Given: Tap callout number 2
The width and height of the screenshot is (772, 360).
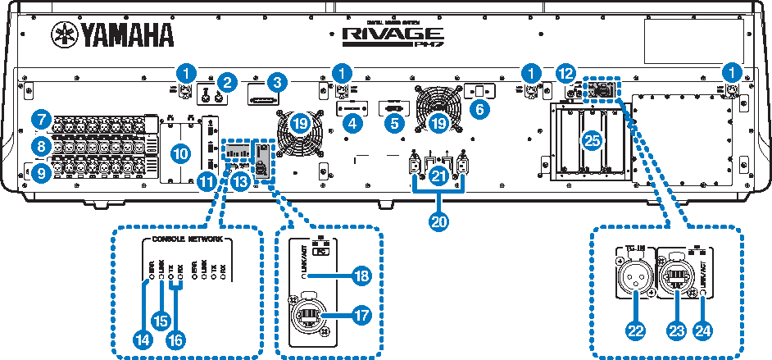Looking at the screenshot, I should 229,82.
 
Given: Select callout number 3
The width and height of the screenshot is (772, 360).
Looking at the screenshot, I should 280,82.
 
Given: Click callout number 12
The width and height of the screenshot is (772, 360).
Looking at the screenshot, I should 563,73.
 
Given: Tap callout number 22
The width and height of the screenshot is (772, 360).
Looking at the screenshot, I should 632,330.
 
